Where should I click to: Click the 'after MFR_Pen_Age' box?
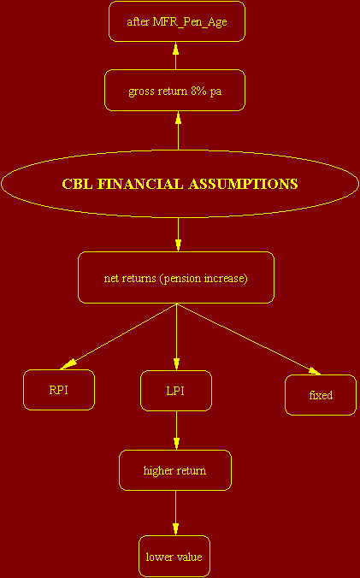click(177, 21)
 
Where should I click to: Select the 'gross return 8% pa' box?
click(175, 91)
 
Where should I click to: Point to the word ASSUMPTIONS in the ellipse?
click(243, 184)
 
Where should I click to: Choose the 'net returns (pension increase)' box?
click(176, 278)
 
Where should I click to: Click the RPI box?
click(59, 390)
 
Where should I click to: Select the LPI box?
click(176, 391)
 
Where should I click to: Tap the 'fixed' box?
click(321, 395)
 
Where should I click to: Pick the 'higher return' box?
click(175, 470)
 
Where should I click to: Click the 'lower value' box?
click(174, 557)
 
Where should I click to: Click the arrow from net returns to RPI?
click(119, 336)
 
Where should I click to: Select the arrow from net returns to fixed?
click(248, 339)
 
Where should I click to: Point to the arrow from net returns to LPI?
click(176, 337)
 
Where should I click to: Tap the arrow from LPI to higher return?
click(176, 431)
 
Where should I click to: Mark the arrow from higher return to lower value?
click(175, 513)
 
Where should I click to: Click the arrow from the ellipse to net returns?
click(179, 235)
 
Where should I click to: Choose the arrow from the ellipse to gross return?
click(179, 131)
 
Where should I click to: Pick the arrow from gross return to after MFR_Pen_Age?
click(176, 56)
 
